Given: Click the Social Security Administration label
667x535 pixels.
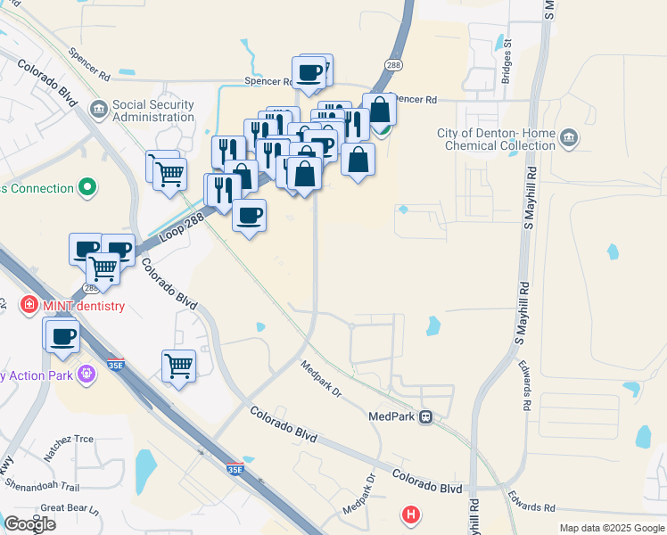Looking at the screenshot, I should coord(153,111).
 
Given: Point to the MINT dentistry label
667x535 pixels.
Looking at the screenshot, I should coord(81,306).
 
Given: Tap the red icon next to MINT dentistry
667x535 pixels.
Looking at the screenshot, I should coord(29,305).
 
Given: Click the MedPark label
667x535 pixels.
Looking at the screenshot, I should coord(392,416).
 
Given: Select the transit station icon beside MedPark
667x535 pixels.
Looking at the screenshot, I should coord(426,416).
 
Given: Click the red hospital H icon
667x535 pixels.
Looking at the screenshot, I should coord(410,514).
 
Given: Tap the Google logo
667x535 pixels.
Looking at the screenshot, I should coord(30,524).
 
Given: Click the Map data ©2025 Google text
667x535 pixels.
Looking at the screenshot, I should coord(612,528).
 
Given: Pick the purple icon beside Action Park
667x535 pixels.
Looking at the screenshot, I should coord(86,374).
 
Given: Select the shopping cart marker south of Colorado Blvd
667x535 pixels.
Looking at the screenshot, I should coord(179,365).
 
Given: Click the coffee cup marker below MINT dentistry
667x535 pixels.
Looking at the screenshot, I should coord(63,336).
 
